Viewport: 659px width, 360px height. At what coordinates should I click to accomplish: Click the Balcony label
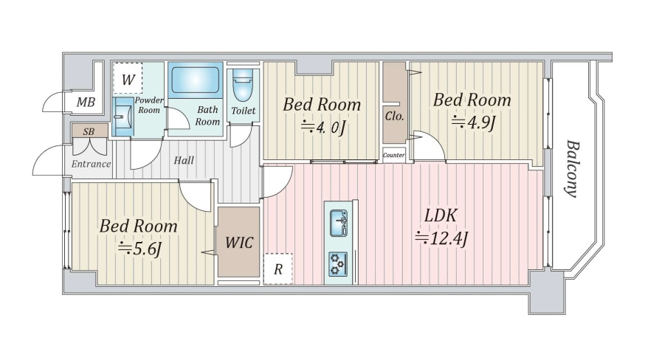(572, 168)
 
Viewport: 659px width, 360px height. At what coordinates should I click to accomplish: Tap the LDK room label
(440, 215)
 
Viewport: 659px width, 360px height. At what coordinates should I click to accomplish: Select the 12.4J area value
(441, 239)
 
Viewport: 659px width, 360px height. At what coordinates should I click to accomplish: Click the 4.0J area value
(322, 127)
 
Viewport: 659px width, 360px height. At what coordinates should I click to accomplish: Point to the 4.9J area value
(474, 122)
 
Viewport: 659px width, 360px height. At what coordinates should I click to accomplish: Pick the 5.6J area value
(139, 249)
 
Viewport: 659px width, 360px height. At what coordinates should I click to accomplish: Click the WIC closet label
(238, 243)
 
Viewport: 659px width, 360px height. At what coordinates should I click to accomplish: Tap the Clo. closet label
(394, 117)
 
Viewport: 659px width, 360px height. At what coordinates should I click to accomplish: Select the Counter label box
(394, 155)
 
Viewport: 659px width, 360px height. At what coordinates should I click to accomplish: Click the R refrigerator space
(277, 269)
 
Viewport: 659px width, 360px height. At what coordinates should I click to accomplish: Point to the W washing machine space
(128, 78)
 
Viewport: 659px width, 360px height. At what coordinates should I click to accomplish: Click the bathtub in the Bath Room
(196, 80)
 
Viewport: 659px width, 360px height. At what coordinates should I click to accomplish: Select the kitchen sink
(338, 223)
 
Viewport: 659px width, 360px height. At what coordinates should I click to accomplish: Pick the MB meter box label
(86, 102)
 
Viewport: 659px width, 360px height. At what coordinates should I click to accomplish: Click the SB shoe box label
(89, 131)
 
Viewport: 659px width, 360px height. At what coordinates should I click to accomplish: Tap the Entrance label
(91, 164)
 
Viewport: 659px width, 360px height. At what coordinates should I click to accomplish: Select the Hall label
(184, 160)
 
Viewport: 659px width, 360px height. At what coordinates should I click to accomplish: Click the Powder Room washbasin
(123, 117)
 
